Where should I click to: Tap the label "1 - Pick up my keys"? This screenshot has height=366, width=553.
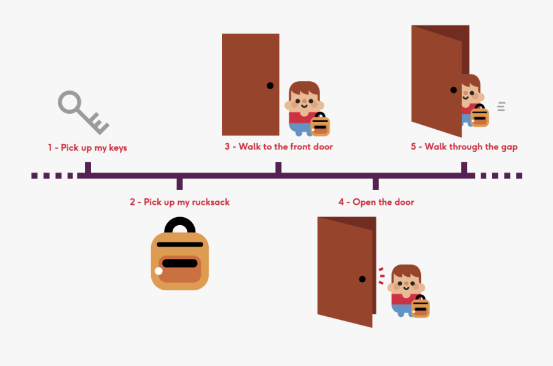[87, 148]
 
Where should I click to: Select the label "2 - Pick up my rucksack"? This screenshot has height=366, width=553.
[179, 202]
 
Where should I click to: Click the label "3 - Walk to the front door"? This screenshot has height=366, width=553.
[278, 146]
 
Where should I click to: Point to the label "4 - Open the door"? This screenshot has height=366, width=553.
[376, 202]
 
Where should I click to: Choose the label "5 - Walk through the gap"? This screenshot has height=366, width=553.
[464, 146]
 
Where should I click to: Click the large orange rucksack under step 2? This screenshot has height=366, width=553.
[179, 261]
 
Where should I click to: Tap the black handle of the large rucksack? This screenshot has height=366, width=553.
[180, 226]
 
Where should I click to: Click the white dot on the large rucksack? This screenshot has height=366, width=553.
[159, 271]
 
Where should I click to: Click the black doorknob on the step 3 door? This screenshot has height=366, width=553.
[270, 86]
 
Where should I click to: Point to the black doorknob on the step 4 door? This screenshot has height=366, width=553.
[362, 279]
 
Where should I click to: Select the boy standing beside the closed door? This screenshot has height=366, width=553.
[305, 108]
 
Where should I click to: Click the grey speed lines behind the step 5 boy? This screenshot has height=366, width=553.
[501, 106]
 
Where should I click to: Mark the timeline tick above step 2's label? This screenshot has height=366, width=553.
[179, 183]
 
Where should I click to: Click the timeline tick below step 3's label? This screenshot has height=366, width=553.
[278, 168]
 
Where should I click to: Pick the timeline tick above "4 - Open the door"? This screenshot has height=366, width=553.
[376, 183]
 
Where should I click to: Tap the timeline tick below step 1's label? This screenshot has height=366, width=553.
[88, 168]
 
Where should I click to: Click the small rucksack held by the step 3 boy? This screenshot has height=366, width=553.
[320, 124]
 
